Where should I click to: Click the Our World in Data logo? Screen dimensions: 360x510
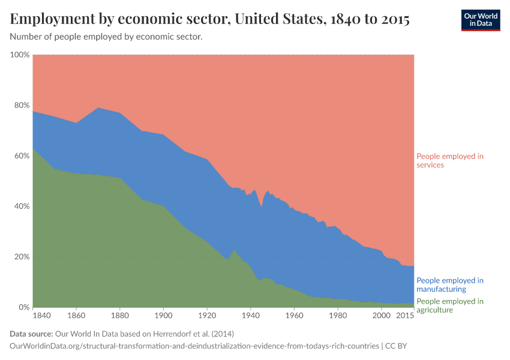click(x=480, y=20)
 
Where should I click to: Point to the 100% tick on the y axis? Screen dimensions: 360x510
click(x=20, y=55)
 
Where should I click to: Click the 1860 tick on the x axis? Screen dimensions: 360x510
click(x=76, y=315)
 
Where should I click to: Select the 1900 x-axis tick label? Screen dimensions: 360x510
click(x=163, y=315)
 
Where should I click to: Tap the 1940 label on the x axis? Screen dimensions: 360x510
click(x=250, y=315)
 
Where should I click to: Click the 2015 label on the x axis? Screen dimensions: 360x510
click(x=405, y=315)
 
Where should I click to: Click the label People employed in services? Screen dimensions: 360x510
click(x=450, y=160)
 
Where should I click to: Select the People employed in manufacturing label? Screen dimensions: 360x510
click(x=450, y=284)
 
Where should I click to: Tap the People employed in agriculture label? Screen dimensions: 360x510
click(x=450, y=305)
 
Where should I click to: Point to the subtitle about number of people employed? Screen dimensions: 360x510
click(x=106, y=37)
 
